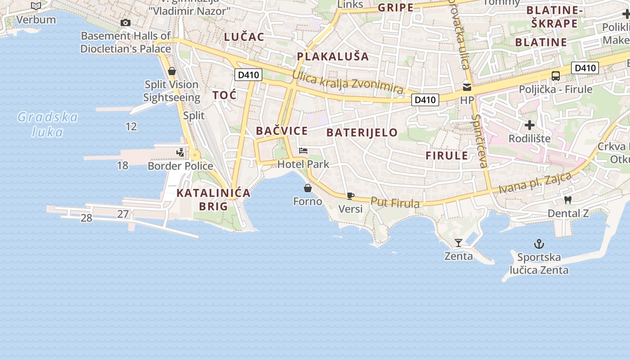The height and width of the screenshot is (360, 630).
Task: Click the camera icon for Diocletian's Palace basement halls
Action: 126,22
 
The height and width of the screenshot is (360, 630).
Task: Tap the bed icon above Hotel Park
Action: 303,151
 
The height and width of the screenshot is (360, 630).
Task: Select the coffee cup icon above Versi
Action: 350,196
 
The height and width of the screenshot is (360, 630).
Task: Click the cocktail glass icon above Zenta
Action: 458,243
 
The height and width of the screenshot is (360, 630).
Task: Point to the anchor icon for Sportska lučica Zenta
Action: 539,244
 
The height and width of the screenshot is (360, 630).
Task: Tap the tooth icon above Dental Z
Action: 567,200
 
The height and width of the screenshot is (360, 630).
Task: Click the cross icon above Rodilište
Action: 529,125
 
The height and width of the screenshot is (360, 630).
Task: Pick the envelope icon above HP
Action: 467,87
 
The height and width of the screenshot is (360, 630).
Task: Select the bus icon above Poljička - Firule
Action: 555,76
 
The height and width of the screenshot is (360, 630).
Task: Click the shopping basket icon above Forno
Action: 308,188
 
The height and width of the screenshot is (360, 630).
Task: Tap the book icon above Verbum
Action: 36,6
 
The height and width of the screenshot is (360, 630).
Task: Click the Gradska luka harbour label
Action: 48,125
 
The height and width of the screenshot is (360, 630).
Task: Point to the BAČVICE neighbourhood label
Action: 282,131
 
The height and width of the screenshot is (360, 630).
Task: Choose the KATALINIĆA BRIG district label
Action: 213,199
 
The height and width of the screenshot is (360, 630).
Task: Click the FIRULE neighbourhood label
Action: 447,156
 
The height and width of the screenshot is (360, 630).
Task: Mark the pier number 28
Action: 86,218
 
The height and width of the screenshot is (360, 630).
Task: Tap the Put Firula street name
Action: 395,203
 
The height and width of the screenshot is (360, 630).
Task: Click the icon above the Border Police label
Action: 180,153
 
